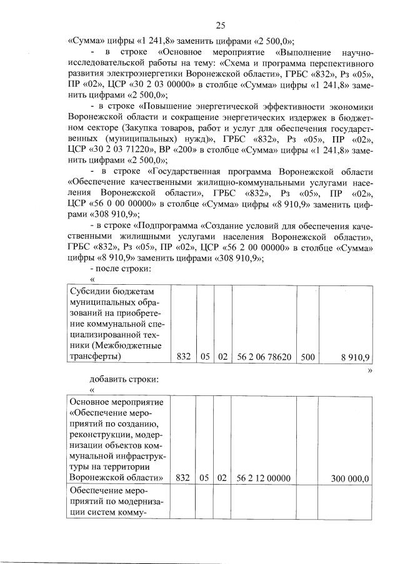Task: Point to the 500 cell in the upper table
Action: (x=307, y=357)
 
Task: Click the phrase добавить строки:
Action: (x=124, y=378)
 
